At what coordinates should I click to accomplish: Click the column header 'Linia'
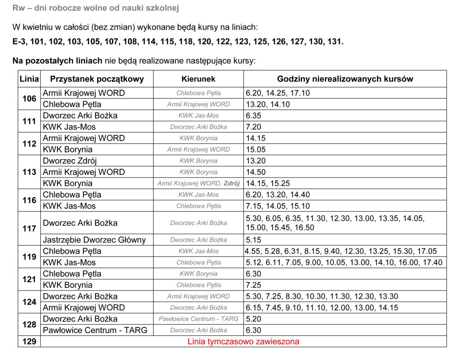pyautogui.click(x=29, y=79)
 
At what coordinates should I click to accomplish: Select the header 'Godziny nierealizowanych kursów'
pyautogui.click(x=345, y=79)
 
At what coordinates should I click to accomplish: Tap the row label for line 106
pyautogui.click(x=29, y=99)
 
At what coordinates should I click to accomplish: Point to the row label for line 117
pyautogui.click(x=29, y=229)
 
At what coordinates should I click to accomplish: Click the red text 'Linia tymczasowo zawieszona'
pyautogui.click(x=243, y=342)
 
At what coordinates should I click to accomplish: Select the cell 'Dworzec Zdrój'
pyautogui.click(x=69, y=161)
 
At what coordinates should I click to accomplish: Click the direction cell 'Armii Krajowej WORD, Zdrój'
pyautogui.click(x=199, y=183)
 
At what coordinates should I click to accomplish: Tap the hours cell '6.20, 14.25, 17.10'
pyautogui.click(x=277, y=93)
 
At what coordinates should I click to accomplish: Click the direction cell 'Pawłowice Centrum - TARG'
pyautogui.click(x=199, y=319)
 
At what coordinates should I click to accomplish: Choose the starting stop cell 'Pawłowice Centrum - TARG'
pyautogui.click(x=95, y=330)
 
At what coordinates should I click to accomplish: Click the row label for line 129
pyautogui.click(x=29, y=342)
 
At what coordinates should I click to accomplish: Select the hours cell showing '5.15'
pyautogui.click(x=254, y=240)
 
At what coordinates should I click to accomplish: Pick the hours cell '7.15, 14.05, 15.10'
pyautogui.click(x=278, y=206)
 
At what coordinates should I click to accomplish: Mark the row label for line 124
pyautogui.click(x=29, y=302)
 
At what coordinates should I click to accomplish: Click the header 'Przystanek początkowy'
pyautogui.click(x=97, y=79)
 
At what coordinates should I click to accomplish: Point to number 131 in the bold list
pyautogui.click(x=334, y=42)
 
